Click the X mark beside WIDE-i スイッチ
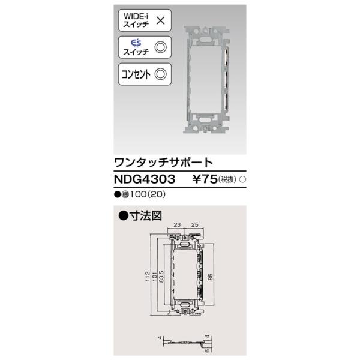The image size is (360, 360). (x=160, y=20)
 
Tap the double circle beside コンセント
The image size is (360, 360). (x=160, y=74)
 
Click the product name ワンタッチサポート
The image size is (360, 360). (x=163, y=162)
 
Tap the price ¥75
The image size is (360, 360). (x=205, y=179)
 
